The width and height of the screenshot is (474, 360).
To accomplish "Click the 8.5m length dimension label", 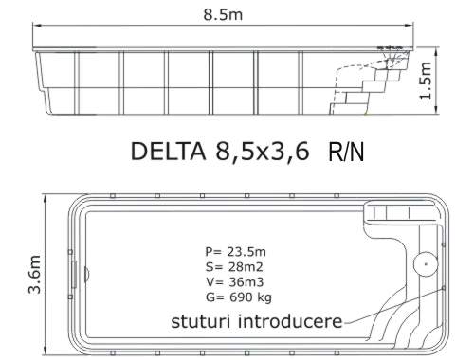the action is click(x=223, y=14).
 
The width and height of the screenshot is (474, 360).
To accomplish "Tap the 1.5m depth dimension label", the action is click(x=426, y=81).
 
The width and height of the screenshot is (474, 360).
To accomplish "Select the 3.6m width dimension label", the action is click(x=35, y=274).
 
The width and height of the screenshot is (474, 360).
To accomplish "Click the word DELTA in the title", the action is click(x=168, y=152).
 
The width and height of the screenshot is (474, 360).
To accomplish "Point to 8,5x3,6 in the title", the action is click(x=263, y=152).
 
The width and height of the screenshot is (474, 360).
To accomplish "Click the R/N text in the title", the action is click(x=346, y=153).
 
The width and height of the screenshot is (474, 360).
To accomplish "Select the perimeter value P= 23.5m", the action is click(x=235, y=252).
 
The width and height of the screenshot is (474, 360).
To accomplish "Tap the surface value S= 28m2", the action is click(x=234, y=267).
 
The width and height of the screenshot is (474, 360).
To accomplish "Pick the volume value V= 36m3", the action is click(x=234, y=282).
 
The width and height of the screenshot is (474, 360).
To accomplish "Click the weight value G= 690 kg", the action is click(x=239, y=297).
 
